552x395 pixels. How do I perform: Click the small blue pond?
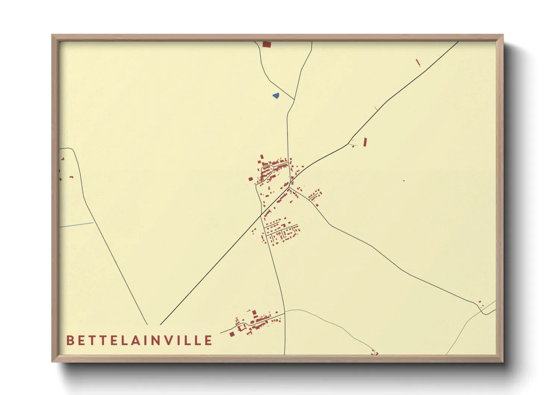point(276,96)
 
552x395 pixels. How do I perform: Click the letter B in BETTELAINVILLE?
point(70,340)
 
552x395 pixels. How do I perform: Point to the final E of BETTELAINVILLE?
point(208,340)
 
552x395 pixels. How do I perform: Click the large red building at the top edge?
point(267,44)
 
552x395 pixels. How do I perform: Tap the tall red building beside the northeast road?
point(365,142)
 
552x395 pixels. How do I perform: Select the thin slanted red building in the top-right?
point(418,63)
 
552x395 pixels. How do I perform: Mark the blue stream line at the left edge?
point(76,225)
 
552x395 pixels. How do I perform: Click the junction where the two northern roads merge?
point(294,100)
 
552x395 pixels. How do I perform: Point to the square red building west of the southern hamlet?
point(232,334)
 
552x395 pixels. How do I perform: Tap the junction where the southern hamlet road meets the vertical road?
point(285,313)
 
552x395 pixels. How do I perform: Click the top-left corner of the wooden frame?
point(52,35)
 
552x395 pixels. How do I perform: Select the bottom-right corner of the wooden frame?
point(503,361)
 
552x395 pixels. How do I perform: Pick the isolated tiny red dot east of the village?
point(404,181)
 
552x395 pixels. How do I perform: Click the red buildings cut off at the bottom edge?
point(374,352)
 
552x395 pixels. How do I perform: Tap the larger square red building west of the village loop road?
point(251,179)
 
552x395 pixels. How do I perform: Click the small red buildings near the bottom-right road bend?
point(481,304)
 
